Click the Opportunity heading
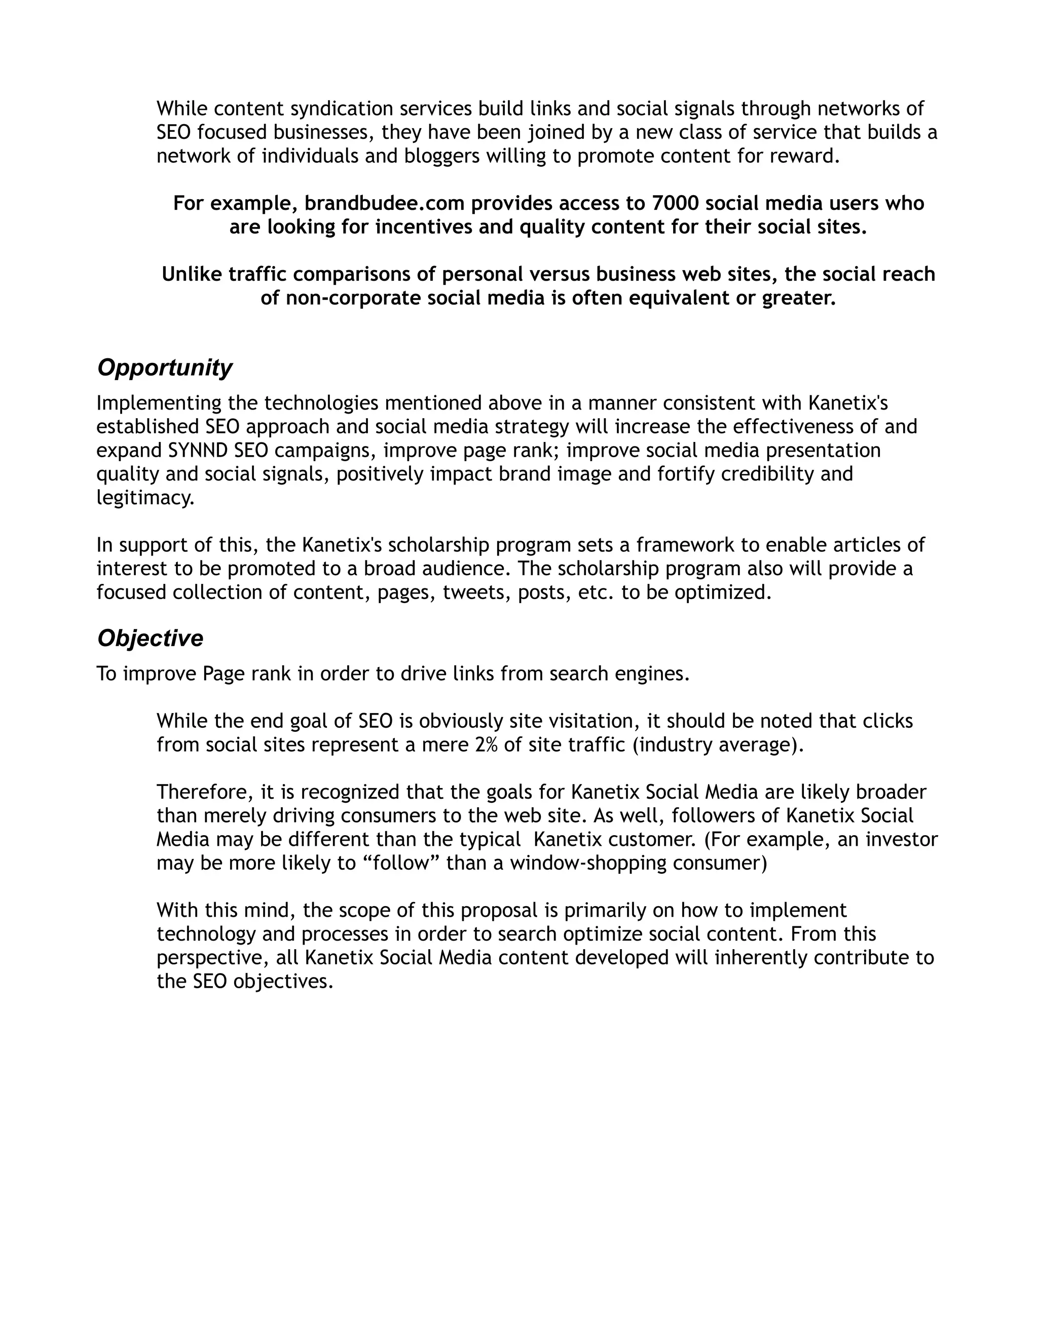(164, 368)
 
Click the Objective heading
(150, 638)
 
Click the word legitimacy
(144, 498)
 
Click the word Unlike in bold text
(192, 274)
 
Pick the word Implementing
(159, 403)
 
